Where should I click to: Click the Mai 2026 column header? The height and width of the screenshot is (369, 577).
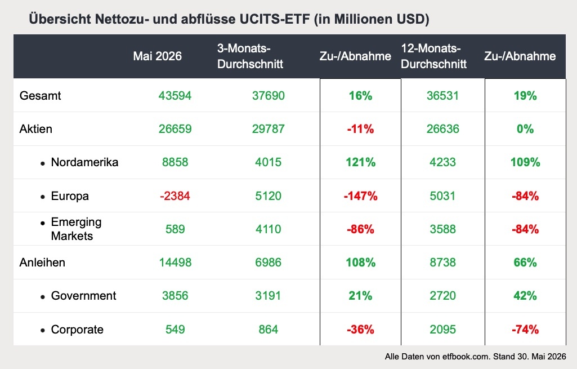click(157, 56)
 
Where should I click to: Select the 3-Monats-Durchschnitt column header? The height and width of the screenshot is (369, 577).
click(250, 56)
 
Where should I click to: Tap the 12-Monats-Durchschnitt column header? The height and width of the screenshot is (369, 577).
click(434, 56)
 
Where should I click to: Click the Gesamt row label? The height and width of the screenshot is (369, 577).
click(40, 95)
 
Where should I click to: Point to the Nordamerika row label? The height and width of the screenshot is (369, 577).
click(84, 162)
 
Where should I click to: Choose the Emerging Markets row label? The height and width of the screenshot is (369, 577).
click(76, 229)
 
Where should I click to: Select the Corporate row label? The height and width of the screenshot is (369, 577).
click(77, 329)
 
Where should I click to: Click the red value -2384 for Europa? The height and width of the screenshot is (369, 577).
click(175, 195)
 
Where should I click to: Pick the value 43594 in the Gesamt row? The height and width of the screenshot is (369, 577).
click(175, 95)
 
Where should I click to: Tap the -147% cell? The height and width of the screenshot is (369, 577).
click(361, 195)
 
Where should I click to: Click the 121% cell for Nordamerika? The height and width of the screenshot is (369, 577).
click(361, 162)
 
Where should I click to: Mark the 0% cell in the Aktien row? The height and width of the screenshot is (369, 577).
click(525, 129)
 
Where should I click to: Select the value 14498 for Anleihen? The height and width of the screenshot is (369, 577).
click(175, 262)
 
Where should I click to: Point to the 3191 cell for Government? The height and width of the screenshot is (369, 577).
click(268, 295)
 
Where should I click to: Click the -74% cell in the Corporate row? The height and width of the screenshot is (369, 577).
click(525, 329)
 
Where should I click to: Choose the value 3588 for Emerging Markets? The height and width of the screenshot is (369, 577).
click(442, 229)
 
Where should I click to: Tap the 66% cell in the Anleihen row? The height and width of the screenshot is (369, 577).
click(525, 262)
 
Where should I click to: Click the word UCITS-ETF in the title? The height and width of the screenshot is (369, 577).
click(275, 19)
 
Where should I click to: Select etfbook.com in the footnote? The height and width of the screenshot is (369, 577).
click(466, 357)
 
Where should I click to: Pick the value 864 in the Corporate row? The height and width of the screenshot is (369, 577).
click(269, 329)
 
